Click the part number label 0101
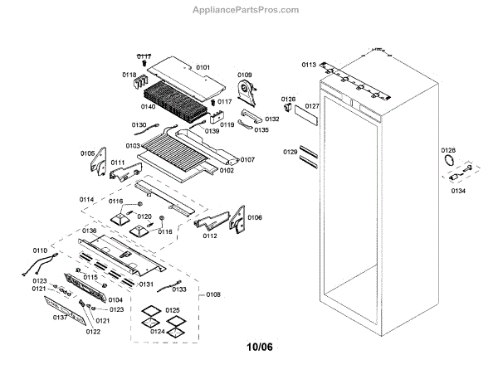pyautogui.click(x=203, y=66)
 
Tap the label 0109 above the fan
pyautogui.click(x=245, y=75)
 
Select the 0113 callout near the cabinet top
pyautogui.click(x=309, y=64)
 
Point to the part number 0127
pyautogui.click(x=312, y=106)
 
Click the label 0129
pyautogui.click(x=290, y=152)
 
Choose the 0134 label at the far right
pyautogui.click(x=458, y=190)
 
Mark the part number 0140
pyautogui.click(x=149, y=106)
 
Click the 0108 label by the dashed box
pyautogui.click(x=213, y=294)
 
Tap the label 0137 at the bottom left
pyautogui.click(x=61, y=318)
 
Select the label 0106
pyautogui.click(x=255, y=217)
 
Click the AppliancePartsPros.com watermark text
pyautogui.click(x=246, y=10)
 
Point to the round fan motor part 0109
pyautogui.click(x=246, y=92)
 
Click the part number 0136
pyautogui.click(x=89, y=231)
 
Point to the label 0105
pyautogui.click(x=88, y=153)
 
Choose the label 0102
pyautogui.click(x=226, y=171)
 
